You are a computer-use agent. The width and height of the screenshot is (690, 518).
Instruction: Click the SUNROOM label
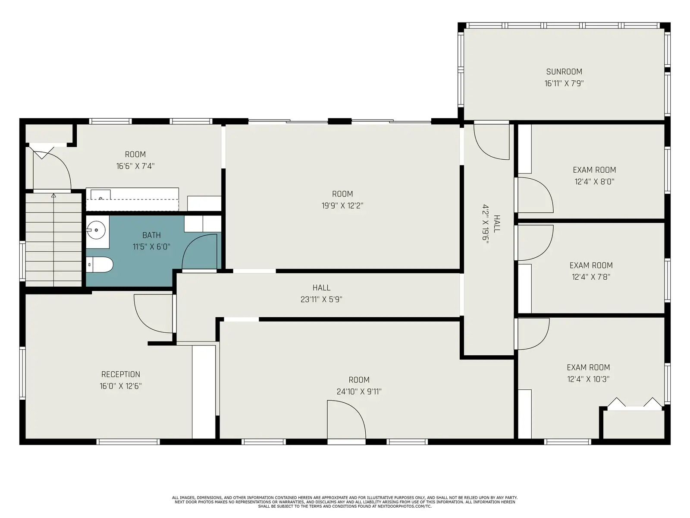(x=564, y=72)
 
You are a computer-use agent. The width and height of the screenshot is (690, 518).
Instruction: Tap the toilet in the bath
(x=99, y=265)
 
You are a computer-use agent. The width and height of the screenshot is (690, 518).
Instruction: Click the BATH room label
(x=151, y=235)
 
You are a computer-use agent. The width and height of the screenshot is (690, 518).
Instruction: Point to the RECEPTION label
(x=121, y=374)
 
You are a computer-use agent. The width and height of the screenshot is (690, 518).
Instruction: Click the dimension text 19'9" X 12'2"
(x=342, y=205)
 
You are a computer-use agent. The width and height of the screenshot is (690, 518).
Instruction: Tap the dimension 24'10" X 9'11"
(x=359, y=392)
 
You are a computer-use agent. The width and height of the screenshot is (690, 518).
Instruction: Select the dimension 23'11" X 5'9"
(x=321, y=299)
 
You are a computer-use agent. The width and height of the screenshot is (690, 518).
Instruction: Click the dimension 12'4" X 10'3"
(x=588, y=379)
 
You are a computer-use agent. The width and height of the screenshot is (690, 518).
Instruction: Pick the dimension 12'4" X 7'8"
(x=591, y=277)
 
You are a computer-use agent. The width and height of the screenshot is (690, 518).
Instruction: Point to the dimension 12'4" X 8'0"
(x=594, y=181)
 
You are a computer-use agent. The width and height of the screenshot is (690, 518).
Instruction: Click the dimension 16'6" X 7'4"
(x=135, y=166)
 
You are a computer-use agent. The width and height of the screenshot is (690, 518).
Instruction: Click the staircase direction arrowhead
(x=53, y=196)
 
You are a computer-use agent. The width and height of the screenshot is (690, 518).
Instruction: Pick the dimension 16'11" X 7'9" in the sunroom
(x=564, y=83)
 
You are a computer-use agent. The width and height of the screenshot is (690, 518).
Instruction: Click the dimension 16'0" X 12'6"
(x=121, y=386)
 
